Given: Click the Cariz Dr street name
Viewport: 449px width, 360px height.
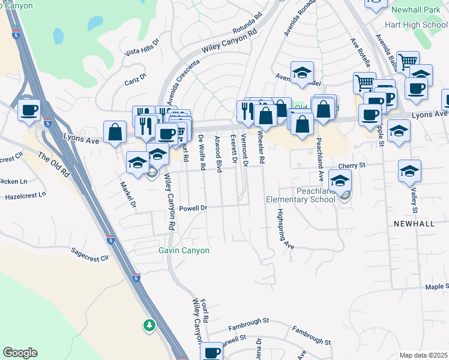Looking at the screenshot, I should coord(135,79).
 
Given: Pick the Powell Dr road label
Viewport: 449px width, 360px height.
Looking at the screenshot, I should coord(193,208).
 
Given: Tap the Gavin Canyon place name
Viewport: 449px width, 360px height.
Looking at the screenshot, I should coord(184,250).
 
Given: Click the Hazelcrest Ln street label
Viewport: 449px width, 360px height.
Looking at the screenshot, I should coord(25,196).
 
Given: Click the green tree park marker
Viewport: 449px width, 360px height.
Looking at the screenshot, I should coord(149,325).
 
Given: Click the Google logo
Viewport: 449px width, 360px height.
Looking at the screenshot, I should coord(20,353).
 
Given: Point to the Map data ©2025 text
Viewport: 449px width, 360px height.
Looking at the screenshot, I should coord(423,355).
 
